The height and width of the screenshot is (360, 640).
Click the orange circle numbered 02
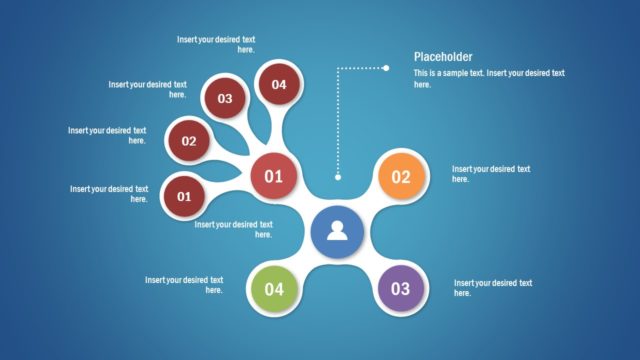(401, 178)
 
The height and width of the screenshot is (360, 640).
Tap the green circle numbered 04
(274, 289)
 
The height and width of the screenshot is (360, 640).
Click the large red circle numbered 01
(273, 177)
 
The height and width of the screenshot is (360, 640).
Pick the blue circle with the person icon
(337, 232)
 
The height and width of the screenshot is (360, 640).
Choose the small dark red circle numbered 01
(184, 196)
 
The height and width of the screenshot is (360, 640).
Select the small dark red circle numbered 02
(189, 141)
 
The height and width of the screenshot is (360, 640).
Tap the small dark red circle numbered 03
(225, 98)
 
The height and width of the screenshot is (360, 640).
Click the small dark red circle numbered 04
(278, 84)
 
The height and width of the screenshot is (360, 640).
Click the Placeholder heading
(443, 57)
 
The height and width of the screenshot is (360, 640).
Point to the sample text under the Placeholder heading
(489, 78)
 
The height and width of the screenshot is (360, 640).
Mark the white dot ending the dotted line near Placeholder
(386, 68)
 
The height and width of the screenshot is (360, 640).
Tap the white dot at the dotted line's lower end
(338, 177)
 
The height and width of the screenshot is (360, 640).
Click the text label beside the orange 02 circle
(491, 174)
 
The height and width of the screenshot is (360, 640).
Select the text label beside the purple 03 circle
(493, 288)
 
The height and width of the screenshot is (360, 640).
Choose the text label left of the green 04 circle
(184, 284)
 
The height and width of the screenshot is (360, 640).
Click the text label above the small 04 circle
(216, 44)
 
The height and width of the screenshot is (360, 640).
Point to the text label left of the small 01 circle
(109, 193)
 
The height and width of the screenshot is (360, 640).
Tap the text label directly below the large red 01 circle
(233, 229)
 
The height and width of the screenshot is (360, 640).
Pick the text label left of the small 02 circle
(107, 135)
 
